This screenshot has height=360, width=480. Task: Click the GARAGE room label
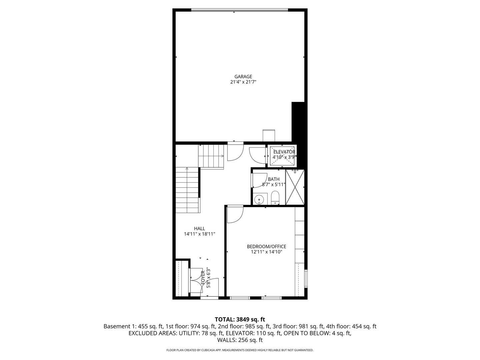tap(243, 76)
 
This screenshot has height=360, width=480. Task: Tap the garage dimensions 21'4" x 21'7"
tap(243, 82)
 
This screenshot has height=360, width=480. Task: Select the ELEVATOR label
tap(284, 152)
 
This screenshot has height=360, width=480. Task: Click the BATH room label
tap(274, 179)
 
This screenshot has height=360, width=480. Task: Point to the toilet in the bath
tap(275, 198)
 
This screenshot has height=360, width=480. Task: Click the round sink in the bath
tap(259, 200)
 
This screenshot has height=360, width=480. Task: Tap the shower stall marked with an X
tap(295, 187)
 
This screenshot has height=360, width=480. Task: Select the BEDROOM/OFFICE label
tap(266, 246)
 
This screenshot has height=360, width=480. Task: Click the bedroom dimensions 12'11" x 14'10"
tap(266, 252)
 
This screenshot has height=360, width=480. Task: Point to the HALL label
tap(199, 228)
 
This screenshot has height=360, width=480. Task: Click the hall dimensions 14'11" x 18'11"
tap(199, 234)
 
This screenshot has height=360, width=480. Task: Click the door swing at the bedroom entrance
tap(235, 215)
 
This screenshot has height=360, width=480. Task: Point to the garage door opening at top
tap(239, 10)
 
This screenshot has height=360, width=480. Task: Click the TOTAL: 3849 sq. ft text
tap(240, 319)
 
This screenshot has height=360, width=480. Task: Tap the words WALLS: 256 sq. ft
tap(240, 340)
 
